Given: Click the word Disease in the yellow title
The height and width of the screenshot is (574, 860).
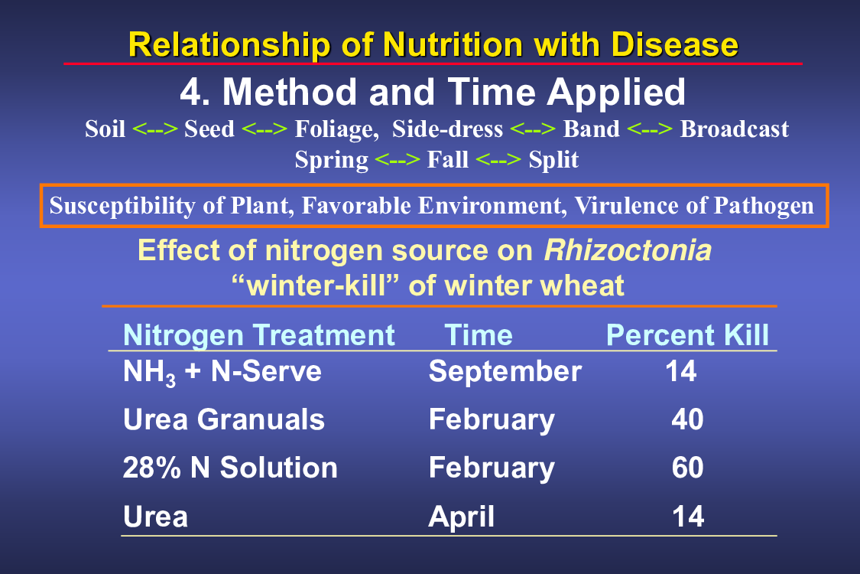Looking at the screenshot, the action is [674, 44].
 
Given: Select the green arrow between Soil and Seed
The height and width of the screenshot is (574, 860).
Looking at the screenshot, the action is [155, 129].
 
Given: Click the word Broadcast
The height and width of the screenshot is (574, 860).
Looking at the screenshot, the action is [735, 129].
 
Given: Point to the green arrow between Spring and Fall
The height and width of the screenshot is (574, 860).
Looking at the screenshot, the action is [398, 160].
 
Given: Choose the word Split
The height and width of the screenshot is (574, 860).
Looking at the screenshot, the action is [553, 160].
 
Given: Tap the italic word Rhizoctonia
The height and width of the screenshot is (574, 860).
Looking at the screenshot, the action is [628, 250].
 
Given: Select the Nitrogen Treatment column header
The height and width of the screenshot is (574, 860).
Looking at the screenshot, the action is [259, 335].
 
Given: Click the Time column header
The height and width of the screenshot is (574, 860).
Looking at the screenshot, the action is [479, 335].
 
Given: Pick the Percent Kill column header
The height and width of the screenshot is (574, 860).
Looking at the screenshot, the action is [687, 335].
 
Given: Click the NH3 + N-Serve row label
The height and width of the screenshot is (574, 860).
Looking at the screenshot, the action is [222, 373].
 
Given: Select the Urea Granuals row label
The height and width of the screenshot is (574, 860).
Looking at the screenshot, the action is [224, 419].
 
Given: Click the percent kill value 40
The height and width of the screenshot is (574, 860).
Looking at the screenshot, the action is [687, 419].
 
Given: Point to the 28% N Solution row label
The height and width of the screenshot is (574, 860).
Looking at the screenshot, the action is [230, 468].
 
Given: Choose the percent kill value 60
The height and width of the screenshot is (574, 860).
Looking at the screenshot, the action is [687, 468].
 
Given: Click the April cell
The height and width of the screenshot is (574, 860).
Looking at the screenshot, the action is [461, 517].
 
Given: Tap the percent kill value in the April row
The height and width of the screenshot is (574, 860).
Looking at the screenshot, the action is [688, 517].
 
